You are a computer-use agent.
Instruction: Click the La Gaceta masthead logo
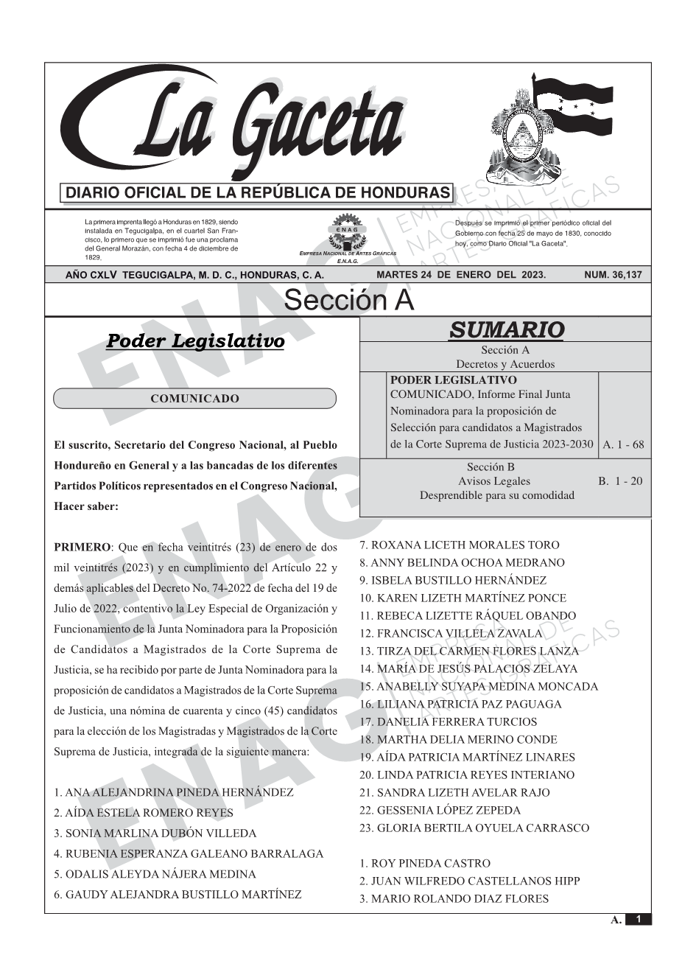click(243, 125)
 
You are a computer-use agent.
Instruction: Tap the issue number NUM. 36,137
click(612, 275)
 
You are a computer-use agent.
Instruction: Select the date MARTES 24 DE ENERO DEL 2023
click(461, 275)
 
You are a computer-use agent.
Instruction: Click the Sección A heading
click(348, 301)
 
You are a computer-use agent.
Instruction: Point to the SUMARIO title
click(506, 330)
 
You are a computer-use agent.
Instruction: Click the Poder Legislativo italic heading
click(195, 341)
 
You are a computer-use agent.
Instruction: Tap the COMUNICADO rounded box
click(194, 399)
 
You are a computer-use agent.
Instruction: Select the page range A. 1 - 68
click(623, 444)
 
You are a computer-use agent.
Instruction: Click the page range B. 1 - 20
click(620, 481)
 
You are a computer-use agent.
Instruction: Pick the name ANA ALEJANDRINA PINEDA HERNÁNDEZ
click(174, 793)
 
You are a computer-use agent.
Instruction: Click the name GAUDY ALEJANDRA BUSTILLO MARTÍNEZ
click(177, 895)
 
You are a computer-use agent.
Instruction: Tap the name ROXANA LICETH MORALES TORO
click(460, 545)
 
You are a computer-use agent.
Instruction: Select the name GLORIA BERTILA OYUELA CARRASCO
click(474, 828)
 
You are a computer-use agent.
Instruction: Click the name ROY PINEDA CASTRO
click(425, 864)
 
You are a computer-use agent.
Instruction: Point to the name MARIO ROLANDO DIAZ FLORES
click(454, 899)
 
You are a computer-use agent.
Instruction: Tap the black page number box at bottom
click(639, 919)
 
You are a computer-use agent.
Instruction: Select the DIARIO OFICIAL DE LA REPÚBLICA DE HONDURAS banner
click(258, 193)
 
